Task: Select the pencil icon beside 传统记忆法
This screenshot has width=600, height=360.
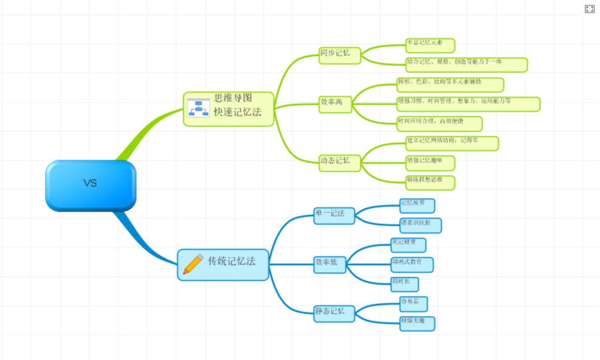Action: [193, 264]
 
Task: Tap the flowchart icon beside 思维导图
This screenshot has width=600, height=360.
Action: [198, 108]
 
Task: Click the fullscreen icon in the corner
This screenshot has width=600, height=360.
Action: [590, 9]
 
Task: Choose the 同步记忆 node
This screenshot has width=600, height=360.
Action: [340, 55]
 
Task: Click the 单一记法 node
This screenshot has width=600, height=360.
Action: [334, 215]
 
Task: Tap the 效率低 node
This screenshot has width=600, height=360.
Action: [330, 265]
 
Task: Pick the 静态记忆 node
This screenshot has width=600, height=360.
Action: [334, 314]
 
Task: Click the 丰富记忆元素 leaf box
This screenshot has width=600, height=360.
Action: [430, 45]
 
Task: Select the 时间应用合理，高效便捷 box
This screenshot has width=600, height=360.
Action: [439, 124]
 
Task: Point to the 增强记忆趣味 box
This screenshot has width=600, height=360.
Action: [429, 163]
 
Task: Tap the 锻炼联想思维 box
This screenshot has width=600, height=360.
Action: [429, 182]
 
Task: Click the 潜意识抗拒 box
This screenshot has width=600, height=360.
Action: [421, 225]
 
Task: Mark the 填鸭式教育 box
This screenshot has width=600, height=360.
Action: [412, 265]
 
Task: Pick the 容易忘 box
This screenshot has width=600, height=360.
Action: [414, 304]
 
